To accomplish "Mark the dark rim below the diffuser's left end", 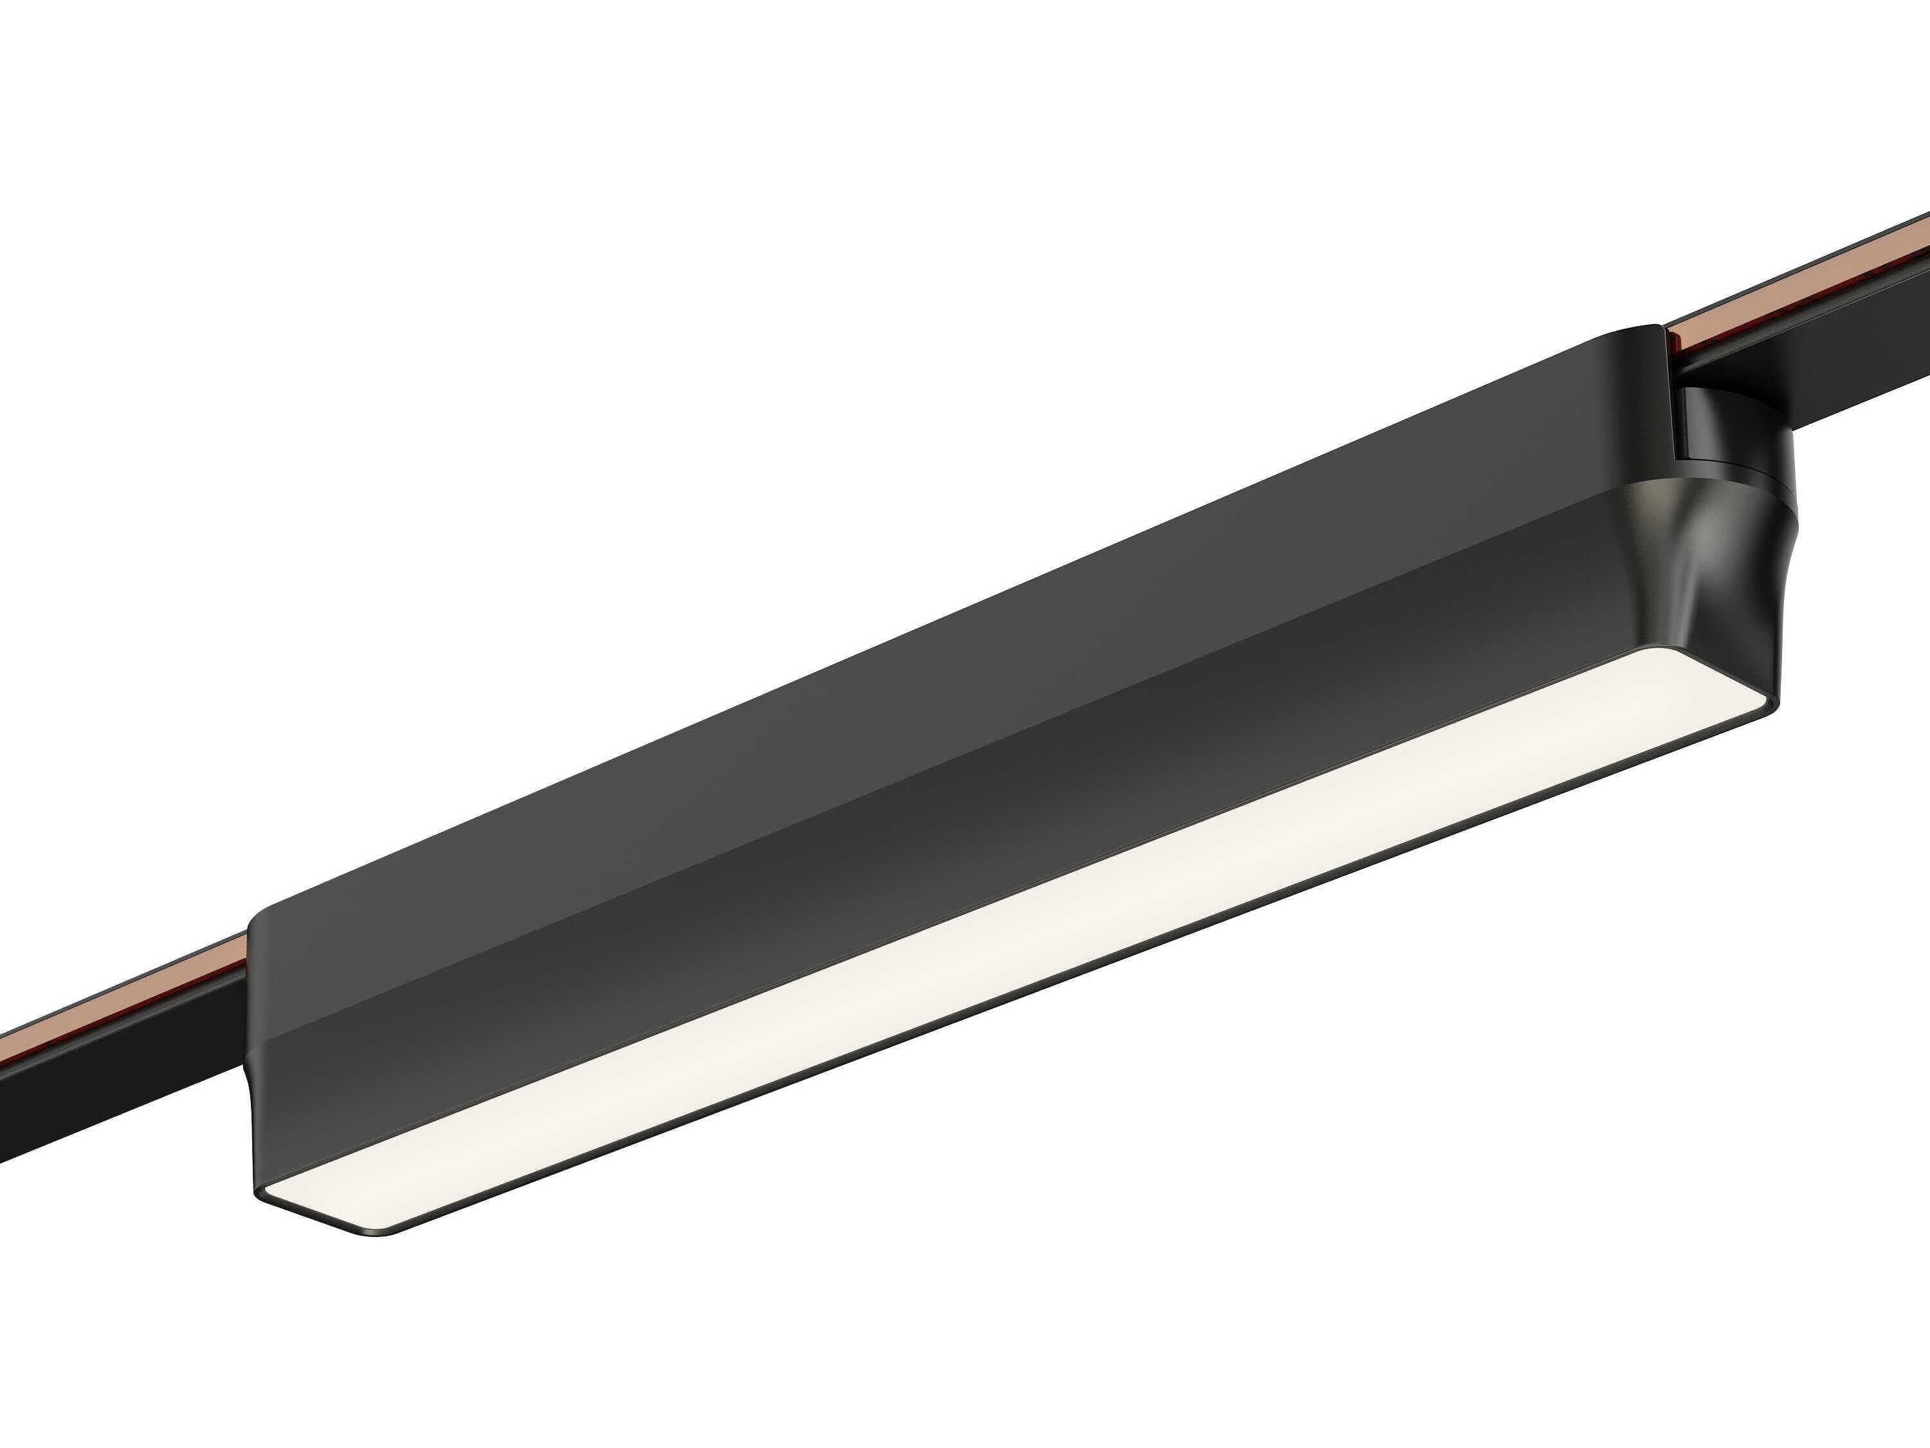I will tap(367, 1232).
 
